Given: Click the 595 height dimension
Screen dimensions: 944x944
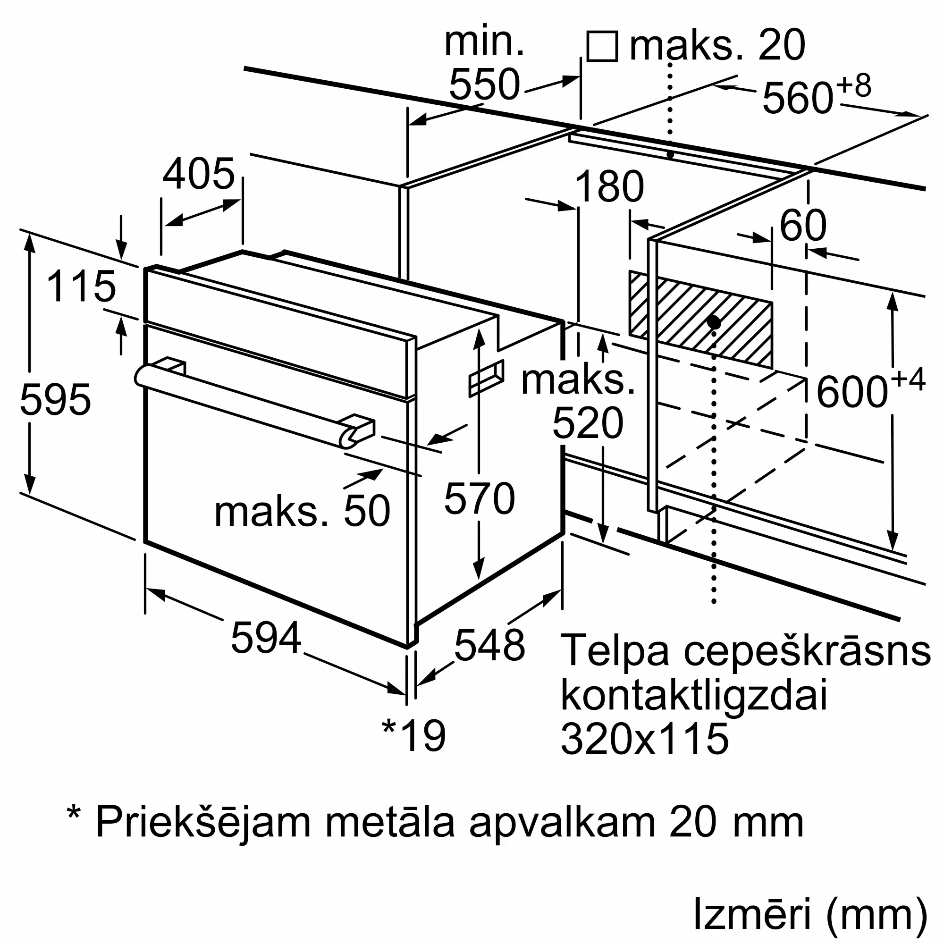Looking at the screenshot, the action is pos(55,400).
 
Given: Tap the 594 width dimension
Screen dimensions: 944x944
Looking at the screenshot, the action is pos(266,638).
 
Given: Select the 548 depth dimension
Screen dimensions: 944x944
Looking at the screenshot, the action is pos(489,645).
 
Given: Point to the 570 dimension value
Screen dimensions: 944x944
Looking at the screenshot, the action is pos(480,498).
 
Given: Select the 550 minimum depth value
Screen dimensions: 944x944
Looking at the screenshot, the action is pos(484,84).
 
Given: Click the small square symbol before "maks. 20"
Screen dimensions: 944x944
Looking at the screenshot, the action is pos(602,46).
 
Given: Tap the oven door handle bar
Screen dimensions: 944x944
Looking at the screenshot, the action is pos(254,405).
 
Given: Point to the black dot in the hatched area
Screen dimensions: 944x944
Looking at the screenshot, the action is pos(714,322).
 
